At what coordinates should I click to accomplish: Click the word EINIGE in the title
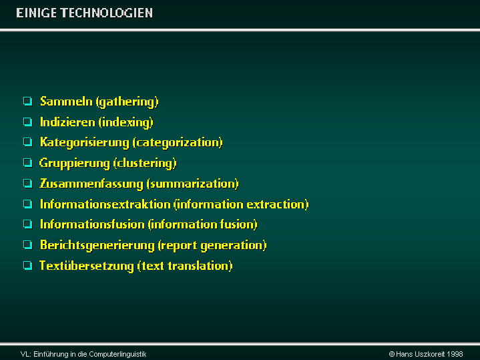tap(37, 13)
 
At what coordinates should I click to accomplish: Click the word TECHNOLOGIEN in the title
tap(107, 13)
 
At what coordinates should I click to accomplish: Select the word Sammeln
tap(67, 102)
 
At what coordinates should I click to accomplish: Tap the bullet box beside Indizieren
tap(28, 122)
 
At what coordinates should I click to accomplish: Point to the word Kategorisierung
tap(85, 143)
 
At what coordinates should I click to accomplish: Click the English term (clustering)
tap(145, 163)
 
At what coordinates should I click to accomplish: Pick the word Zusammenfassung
tap(91, 184)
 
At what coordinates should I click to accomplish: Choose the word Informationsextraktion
tap(105, 204)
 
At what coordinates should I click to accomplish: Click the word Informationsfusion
tap(92, 224)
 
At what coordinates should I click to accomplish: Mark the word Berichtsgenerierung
tap(97, 245)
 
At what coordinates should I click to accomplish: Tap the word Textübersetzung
tap(87, 266)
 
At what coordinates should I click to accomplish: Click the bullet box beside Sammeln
tap(28, 101)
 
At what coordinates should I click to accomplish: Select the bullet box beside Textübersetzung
tap(28, 265)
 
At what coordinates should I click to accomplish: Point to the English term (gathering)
tap(128, 102)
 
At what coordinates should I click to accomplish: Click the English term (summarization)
tap(192, 184)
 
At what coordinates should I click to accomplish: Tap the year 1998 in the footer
tap(455, 354)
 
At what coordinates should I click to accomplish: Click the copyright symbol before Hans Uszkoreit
tap(391, 354)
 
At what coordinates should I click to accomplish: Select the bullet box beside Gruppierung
tap(28, 163)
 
